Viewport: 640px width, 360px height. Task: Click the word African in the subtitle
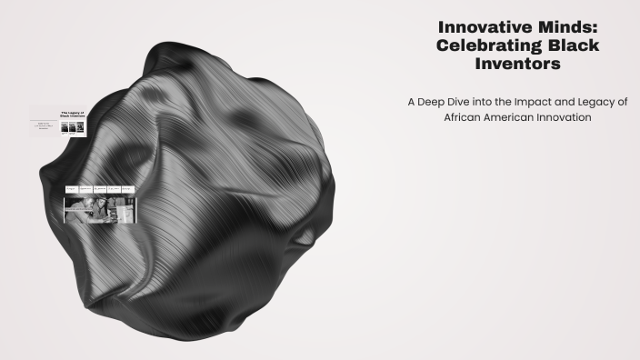point(463,117)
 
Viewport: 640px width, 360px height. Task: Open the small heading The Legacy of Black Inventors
point(72,115)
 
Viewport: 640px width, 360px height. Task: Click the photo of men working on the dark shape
point(100,209)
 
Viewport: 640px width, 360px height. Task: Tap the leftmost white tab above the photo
point(71,189)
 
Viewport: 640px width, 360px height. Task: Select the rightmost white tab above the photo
point(128,189)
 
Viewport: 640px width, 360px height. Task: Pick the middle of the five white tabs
point(100,189)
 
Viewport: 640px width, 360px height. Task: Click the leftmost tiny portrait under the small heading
point(65,127)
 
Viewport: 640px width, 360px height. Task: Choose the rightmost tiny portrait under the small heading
point(81,127)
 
